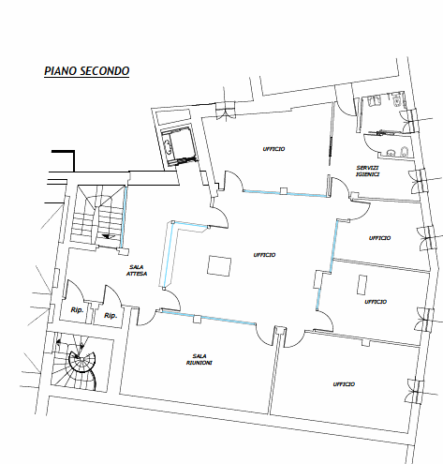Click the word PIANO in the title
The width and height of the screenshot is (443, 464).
pyautogui.click(x=61, y=71)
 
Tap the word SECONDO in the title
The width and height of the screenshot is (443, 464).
pyautogui.click(x=104, y=71)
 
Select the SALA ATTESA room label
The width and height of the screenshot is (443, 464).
pyautogui.click(x=137, y=270)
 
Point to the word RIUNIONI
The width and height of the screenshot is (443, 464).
pyautogui.click(x=199, y=363)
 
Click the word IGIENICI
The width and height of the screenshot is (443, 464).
pyautogui.click(x=368, y=174)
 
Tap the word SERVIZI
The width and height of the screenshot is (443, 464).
pyautogui.click(x=368, y=168)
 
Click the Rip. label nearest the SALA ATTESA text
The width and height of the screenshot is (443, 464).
pyautogui.click(x=111, y=316)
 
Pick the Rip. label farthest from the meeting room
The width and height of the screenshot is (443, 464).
pyautogui.click(x=77, y=310)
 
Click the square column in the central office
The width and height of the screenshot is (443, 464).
pyautogui.click(x=219, y=265)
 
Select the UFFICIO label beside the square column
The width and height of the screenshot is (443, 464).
pyautogui.click(x=264, y=255)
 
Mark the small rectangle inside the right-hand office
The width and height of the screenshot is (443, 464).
pyautogui.click(x=362, y=284)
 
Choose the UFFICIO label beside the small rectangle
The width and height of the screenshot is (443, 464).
pyautogui.click(x=376, y=302)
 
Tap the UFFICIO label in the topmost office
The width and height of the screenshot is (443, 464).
pyautogui.click(x=273, y=149)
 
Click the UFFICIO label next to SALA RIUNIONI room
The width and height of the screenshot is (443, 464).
pyautogui.click(x=344, y=384)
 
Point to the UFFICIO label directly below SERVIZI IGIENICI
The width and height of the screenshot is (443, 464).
pyautogui.click(x=379, y=238)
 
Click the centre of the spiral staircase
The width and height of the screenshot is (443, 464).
pyautogui.click(x=81, y=361)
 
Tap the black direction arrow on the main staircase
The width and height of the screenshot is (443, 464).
pyautogui.click(x=109, y=236)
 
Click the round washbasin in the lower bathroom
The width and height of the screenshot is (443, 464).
pyautogui.click(x=391, y=153)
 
